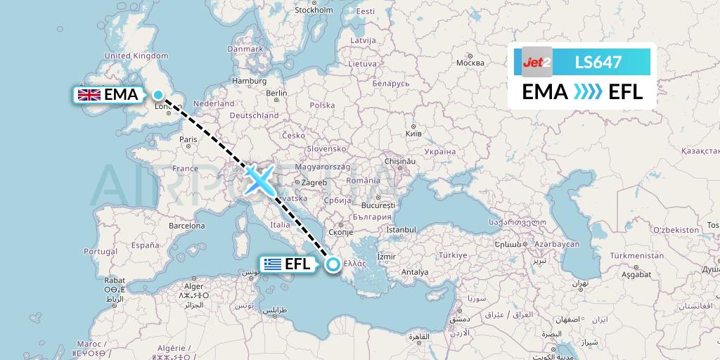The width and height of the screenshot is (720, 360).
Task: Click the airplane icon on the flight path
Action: (259, 180)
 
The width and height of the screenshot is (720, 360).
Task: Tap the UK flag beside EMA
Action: (89, 95)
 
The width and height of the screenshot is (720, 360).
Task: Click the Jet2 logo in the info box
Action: (536, 63)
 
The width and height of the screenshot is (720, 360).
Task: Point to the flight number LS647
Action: (598, 63)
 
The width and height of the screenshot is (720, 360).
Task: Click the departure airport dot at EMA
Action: (159, 95)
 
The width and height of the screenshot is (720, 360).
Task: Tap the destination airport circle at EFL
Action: (333, 264)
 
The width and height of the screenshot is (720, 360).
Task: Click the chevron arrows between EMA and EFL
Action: (589, 92)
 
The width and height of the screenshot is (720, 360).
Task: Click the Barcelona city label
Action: (186, 226)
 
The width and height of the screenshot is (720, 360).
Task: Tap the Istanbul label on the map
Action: (401, 229)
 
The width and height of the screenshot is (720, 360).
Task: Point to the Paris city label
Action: (188, 139)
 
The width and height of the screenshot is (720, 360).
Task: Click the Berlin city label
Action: (276, 93)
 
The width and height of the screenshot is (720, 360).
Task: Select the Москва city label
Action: (470, 63)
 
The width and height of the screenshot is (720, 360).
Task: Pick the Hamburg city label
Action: (249, 81)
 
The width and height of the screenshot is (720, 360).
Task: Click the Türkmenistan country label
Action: (638, 256)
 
